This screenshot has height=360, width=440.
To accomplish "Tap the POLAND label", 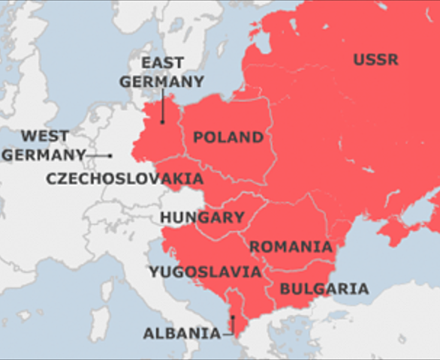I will tap(228, 137).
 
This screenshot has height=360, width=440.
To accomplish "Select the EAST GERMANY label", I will tap(172, 73).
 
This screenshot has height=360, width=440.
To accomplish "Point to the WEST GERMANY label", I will tap(44, 145).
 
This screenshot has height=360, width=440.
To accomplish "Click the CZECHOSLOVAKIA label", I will tap(125, 178).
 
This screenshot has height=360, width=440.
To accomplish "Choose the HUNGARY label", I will tap(202, 217).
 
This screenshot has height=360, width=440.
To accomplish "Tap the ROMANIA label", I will tap(291, 247).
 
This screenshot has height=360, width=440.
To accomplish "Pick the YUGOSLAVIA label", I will tap(205, 271).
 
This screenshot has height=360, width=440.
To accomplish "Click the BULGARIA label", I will tap(324, 289).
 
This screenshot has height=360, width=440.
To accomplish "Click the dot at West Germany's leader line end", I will tap(110, 155).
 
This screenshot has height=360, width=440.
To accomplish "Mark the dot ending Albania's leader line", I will tap(233, 318).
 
